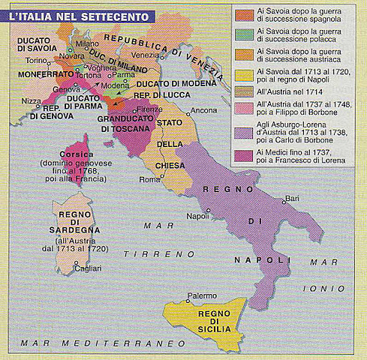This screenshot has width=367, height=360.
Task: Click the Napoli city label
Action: point(197,216)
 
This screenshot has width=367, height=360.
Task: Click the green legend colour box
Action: point(243,34)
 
